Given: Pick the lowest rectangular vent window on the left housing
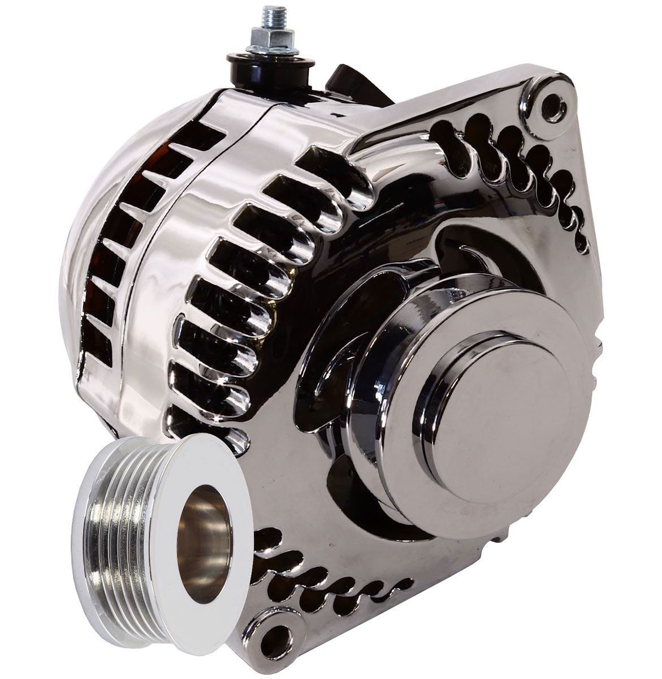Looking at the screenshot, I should tap(97, 340).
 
